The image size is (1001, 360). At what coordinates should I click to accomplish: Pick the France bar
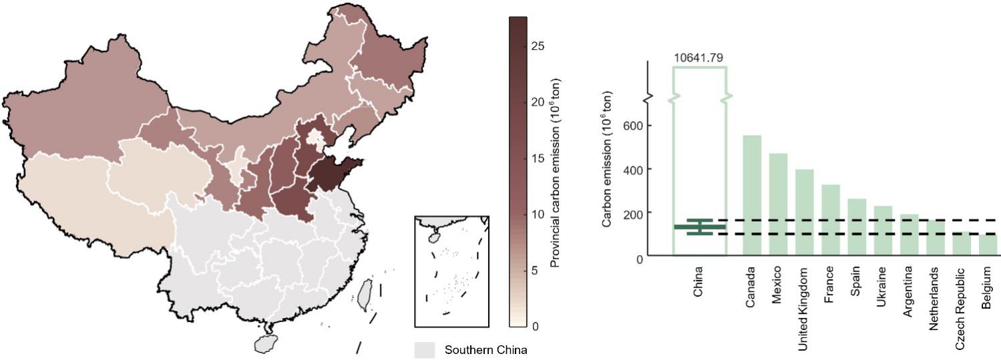click(830, 220)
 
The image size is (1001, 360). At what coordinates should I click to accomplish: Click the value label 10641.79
click(698, 58)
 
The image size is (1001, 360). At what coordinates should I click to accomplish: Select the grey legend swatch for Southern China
click(424, 350)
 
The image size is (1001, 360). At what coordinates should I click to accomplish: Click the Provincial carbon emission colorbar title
click(555, 176)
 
